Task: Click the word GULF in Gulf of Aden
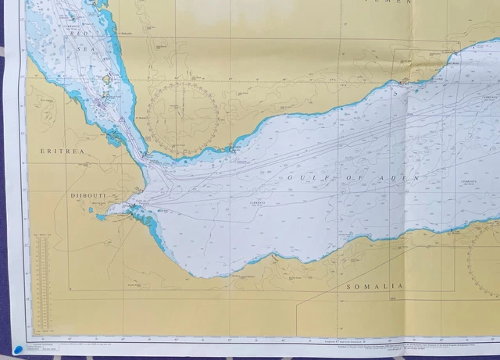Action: click(x=306, y=178)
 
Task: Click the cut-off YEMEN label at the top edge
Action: click(x=391, y=3)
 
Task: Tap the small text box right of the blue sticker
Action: click(x=44, y=348)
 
